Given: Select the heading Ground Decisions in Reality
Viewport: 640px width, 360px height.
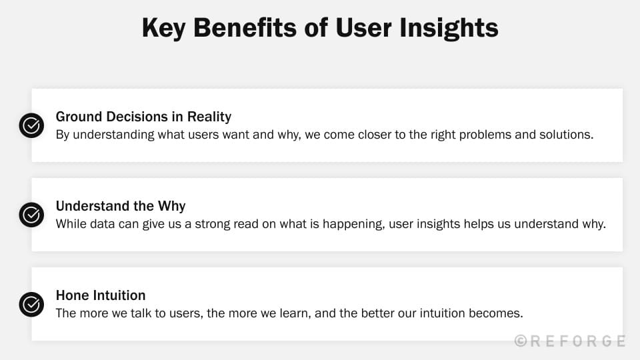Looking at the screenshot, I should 143,117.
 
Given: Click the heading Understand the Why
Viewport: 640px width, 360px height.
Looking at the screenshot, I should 121,206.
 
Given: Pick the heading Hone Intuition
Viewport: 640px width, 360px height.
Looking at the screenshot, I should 101,295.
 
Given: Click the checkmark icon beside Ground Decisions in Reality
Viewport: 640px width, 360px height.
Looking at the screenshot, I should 31,125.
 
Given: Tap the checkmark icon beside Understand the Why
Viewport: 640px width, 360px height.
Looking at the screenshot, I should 31,215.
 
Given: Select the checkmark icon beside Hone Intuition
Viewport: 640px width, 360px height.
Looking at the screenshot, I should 31,304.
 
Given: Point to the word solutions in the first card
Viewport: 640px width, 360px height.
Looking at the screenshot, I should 567,134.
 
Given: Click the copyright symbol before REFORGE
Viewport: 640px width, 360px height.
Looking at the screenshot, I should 521,341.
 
